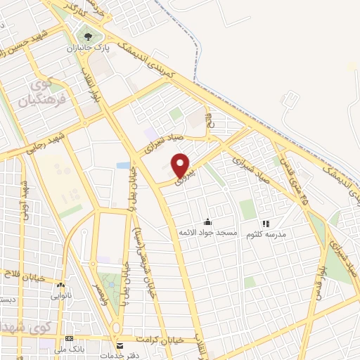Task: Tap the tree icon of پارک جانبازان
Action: (x=88, y=35)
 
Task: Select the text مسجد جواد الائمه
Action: (x=208, y=232)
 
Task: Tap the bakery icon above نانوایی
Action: (x=60, y=285)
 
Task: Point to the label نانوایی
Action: (x=60, y=296)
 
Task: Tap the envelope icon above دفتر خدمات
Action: (x=120, y=345)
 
